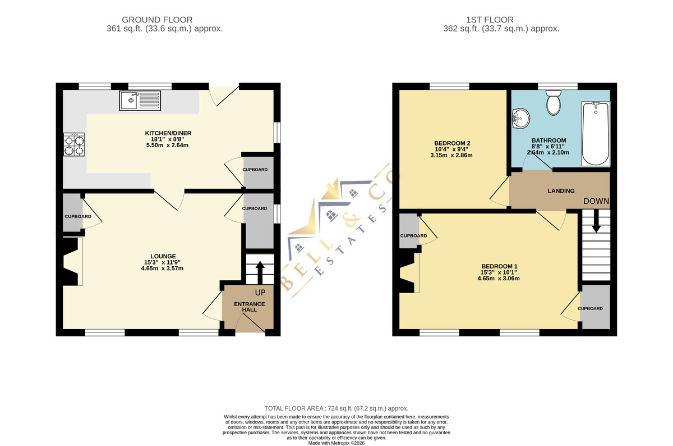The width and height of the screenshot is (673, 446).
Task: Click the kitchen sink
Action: (140, 101)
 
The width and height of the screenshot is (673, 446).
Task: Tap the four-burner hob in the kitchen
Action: (74, 144)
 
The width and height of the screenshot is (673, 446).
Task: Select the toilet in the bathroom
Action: (553, 102)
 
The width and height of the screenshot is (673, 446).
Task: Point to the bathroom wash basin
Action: (520, 119)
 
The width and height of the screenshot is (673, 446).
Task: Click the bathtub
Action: (596, 134)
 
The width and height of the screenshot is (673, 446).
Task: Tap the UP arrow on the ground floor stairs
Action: (260, 272)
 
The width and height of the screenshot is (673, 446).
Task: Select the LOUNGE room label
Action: (163, 256)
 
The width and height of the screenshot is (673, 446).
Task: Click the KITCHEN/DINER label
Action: (168, 133)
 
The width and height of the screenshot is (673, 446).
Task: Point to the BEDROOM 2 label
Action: (452, 143)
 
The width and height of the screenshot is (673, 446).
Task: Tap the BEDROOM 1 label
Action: (499, 266)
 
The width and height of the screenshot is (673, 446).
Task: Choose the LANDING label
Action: (561, 191)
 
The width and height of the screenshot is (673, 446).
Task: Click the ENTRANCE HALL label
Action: (250, 307)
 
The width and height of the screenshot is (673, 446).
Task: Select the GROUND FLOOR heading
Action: (157, 20)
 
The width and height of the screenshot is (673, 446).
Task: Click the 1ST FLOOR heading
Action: (490, 20)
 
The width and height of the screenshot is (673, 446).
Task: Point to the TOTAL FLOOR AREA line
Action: (336, 408)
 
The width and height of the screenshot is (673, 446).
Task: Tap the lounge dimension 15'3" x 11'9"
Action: (162, 262)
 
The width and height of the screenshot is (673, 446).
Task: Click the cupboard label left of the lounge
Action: (78, 216)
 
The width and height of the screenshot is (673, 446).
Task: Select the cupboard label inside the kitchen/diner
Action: (255, 170)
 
